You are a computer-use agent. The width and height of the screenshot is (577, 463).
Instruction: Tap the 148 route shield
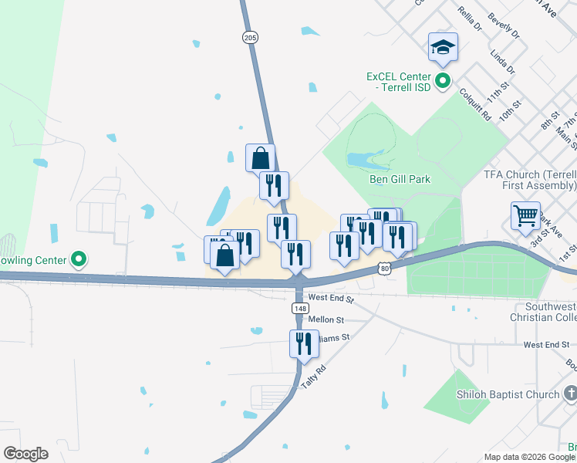tap(300, 308)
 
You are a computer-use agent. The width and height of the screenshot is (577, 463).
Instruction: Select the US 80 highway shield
tap(385, 267)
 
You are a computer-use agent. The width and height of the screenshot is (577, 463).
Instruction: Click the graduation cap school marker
tap(444, 48)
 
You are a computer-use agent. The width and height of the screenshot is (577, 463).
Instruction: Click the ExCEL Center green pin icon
tap(443, 80)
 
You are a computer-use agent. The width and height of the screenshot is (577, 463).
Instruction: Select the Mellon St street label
tap(326, 319)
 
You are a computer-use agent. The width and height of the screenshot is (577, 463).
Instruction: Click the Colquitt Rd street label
tap(475, 103)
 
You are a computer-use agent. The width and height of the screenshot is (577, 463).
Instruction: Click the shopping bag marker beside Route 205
tap(261, 158)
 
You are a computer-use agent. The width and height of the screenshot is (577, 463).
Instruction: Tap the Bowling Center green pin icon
tap(78, 259)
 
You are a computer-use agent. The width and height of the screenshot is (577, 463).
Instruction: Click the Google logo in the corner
tap(25, 453)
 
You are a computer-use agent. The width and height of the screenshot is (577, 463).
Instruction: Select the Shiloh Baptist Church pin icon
tap(570, 394)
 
